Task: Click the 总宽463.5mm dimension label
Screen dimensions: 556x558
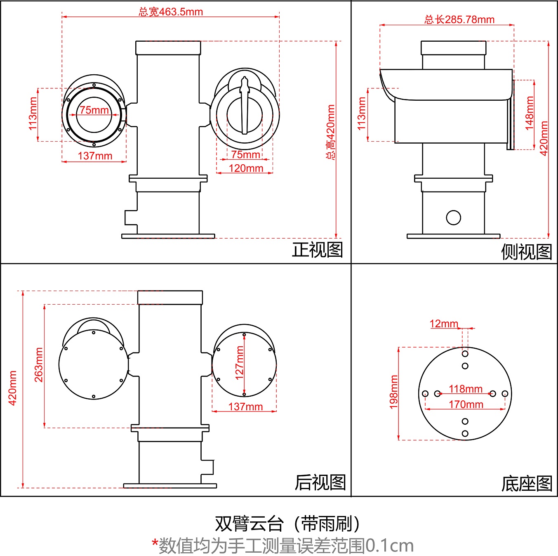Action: coord(171,12)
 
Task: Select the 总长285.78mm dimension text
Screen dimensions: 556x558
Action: coord(459,19)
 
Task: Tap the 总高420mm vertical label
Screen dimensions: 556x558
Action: coord(331,132)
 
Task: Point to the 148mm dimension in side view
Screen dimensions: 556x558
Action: coord(530,113)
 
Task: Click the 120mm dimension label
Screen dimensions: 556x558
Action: coord(246,168)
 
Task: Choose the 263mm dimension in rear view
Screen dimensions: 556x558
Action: coord(38,364)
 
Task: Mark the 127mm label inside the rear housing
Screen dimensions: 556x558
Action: coord(239,363)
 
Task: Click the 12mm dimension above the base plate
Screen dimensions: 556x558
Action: coord(444,324)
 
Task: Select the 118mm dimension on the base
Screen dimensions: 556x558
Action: coord(466,389)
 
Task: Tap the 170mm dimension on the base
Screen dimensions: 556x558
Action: coord(466,405)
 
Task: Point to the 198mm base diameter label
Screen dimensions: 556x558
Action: coord(394,392)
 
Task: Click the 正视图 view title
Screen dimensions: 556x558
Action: coord(318,250)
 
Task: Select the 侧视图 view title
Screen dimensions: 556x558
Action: coord(526,251)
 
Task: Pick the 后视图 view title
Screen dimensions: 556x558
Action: coord(320,482)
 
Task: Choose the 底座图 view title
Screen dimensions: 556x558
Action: coord(526,484)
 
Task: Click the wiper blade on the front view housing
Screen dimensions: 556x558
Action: coord(245,105)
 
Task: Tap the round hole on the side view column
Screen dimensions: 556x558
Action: coord(453,218)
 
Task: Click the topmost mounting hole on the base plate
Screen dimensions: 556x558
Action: coord(465,354)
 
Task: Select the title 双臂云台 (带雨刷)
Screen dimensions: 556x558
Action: coord(287,524)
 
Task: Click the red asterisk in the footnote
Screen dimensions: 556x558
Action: coord(155,543)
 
